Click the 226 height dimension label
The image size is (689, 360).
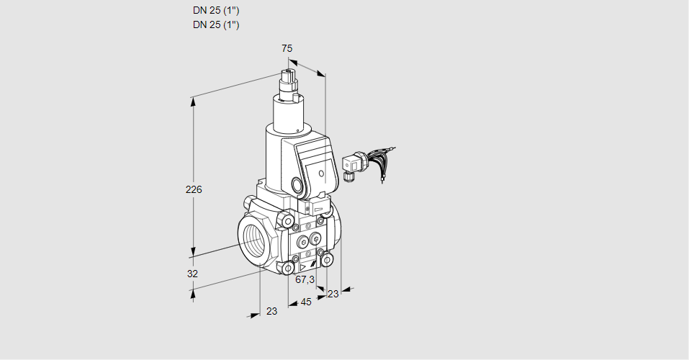tap(194, 190)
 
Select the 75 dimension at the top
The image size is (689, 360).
tap(287, 48)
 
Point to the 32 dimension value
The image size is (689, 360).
tap(192, 274)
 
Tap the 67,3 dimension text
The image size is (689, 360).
tap(305, 279)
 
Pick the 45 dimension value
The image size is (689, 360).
tap(306, 302)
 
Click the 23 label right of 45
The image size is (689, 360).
tap(333, 294)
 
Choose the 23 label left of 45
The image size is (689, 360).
tap(271, 311)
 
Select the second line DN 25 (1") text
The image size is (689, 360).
tap(216, 24)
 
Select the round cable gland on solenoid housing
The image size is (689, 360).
tap(297, 184)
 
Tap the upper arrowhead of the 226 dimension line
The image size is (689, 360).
tap(193, 101)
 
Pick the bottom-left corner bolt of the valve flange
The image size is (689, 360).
tap(289, 269)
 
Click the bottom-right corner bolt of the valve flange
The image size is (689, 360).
tap(328, 259)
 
